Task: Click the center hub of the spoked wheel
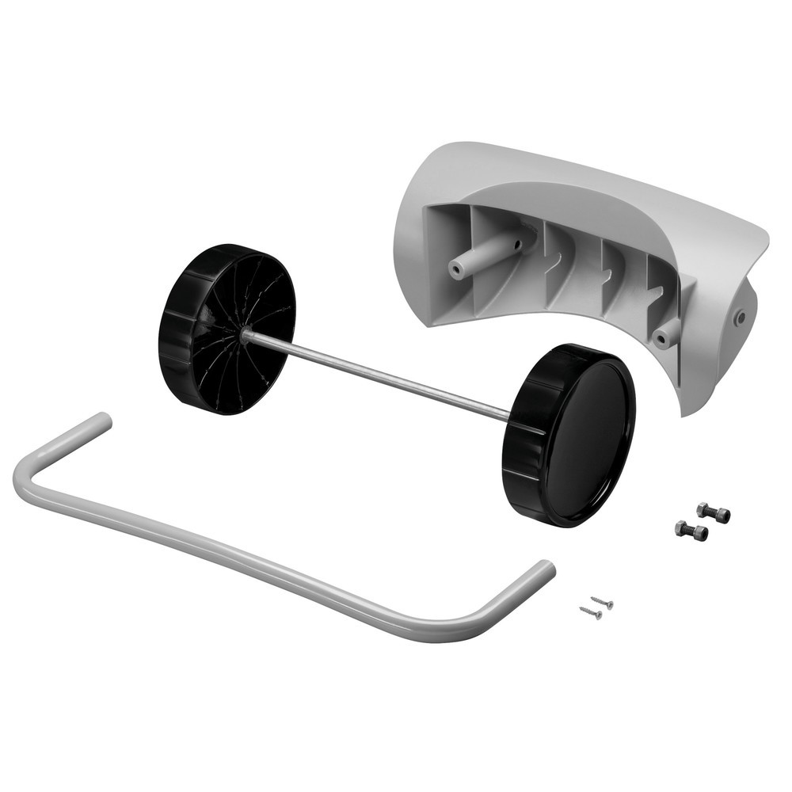click(245, 335)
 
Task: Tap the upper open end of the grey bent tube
click(101, 420)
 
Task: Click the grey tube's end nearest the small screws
click(545, 568)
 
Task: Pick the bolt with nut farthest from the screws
click(713, 512)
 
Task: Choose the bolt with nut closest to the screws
click(691, 530)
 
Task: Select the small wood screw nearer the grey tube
click(590, 611)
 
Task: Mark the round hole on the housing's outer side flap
click(740, 317)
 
